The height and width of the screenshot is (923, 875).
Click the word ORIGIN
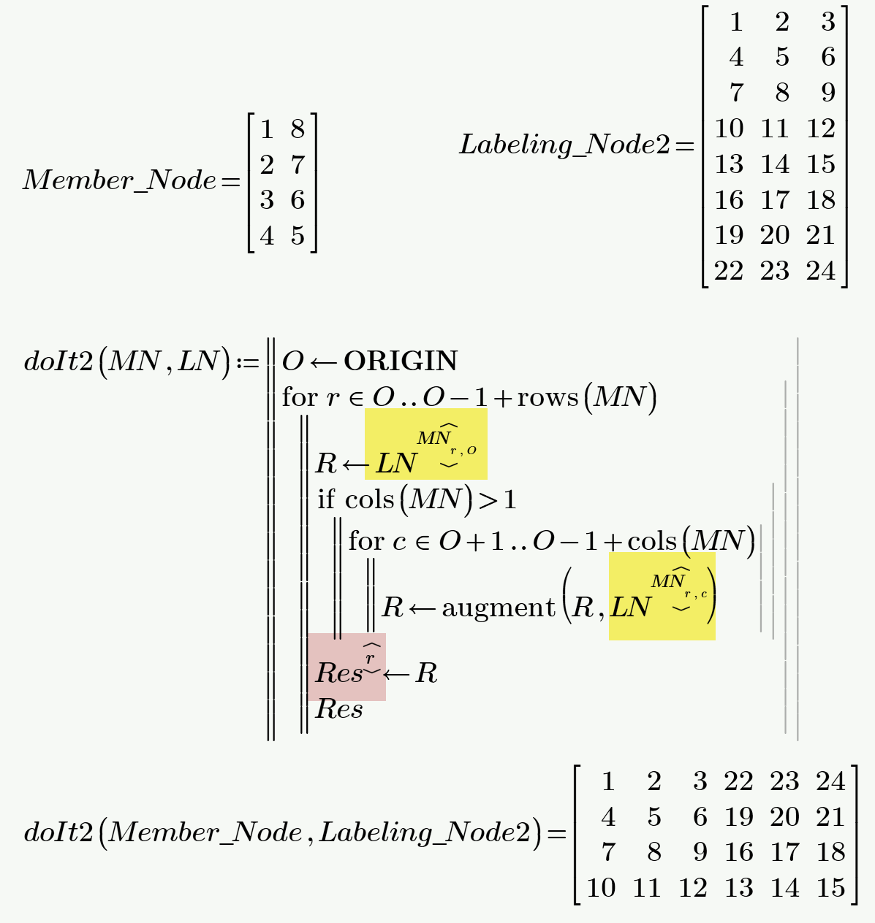pos(401,361)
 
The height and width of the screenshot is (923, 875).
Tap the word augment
pos(499,608)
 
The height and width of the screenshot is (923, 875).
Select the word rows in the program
pos(548,397)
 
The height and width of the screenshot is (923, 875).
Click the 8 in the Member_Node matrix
pos(297,129)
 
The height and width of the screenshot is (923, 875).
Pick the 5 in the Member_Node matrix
pos(297,236)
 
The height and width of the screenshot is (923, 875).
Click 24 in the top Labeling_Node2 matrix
pos(821,271)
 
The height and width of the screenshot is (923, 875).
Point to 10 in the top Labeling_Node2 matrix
pos(729,129)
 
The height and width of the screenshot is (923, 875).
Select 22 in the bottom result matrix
pos(738,781)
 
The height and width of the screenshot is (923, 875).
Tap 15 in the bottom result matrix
pos(830,888)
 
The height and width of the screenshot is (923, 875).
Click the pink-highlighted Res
pos(338,673)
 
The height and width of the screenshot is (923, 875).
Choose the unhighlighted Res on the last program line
pos(339,709)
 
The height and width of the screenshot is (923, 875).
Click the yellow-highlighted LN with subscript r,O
pos(396,464)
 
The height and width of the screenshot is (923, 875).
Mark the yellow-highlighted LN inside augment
pos(630,608)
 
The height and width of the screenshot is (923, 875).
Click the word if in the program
pos(326,500)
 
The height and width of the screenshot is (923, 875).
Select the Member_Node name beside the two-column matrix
pos(120,180)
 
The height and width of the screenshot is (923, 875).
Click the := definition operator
pos(247,362)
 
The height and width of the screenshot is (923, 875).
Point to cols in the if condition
pos(369,500)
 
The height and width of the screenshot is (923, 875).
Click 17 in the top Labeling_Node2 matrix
pos(775,200)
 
